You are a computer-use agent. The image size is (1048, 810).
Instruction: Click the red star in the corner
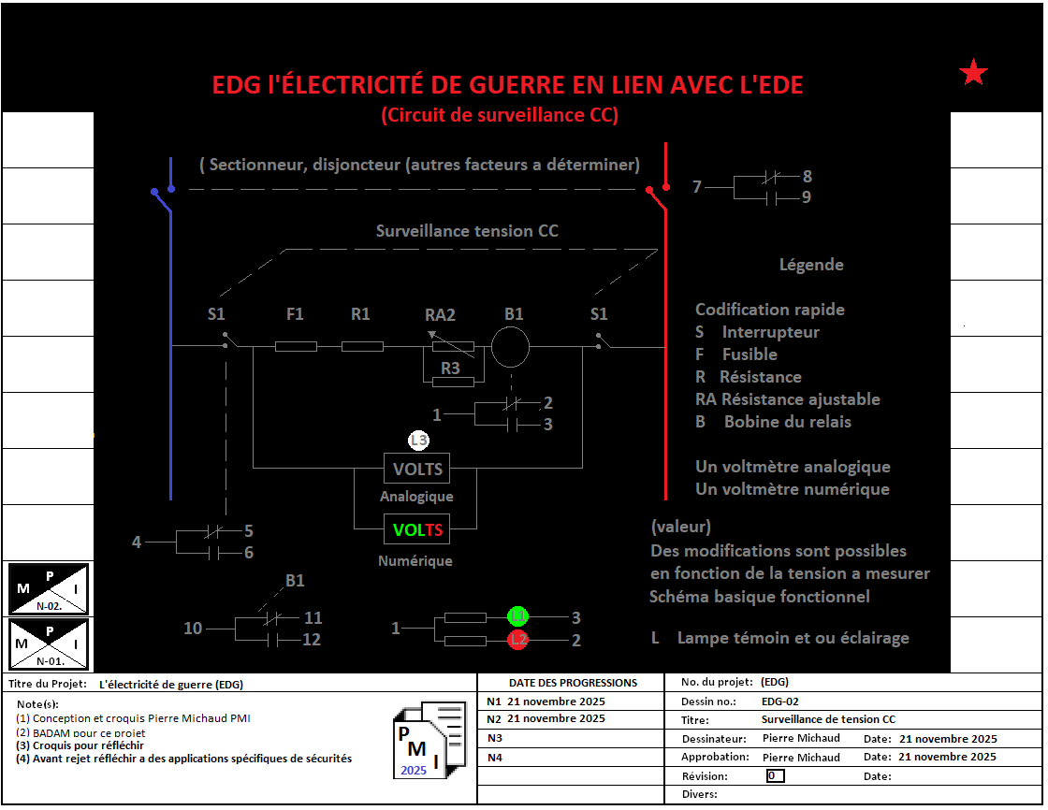[x=974, y=72]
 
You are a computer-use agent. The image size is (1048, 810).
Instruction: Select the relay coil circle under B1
[x=511, y=347]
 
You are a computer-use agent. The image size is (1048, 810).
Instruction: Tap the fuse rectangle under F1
[x=296, y=347]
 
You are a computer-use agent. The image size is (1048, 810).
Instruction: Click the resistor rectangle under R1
[x=362, y=347]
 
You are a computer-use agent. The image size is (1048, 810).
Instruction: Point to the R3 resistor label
[x=450, y=369]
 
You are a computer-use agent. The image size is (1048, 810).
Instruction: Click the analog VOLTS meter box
[x=416, y=469]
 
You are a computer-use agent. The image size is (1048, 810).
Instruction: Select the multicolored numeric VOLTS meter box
[x=416, y=530]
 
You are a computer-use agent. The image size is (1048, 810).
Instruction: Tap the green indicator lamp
[x=518, y=616]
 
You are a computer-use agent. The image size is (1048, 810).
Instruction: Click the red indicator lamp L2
[x=518, y=640]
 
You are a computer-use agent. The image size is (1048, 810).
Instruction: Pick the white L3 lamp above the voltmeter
[x=418, y=441]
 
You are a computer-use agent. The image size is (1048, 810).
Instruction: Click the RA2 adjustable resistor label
[x=440, y=315]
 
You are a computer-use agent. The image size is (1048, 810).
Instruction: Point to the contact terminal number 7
[x=696, y=187]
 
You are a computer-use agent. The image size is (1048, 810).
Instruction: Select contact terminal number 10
[x=193, y=629]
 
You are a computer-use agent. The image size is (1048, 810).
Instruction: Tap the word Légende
[x=811, y=265]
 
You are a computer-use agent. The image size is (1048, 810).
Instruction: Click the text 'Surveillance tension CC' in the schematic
[x=467, y=231]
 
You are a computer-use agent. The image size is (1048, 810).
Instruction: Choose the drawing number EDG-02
[x=779, y=701]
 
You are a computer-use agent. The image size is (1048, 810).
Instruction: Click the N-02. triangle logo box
[x=49, y=588]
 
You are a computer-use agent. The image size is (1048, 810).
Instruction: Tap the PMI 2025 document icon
[x=429, y=740]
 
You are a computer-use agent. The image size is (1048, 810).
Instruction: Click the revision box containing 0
[x=775, y=775]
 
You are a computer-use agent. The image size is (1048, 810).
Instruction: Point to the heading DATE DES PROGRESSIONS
[x=573, y=683]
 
